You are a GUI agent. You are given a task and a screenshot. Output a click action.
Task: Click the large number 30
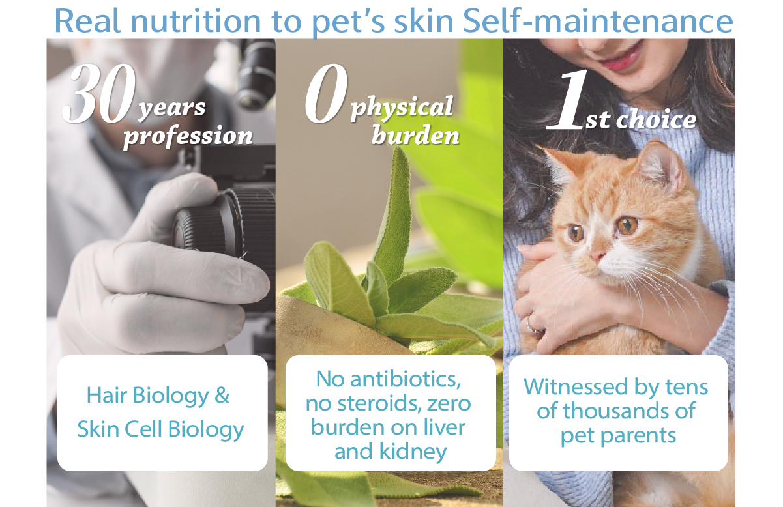[x=99, y=93]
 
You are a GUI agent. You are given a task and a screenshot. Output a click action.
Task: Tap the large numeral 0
[x=326, y=93]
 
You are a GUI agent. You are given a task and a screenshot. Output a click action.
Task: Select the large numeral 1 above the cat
[x=567, y=99]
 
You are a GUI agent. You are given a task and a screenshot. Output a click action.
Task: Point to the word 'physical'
[x=402, y=108]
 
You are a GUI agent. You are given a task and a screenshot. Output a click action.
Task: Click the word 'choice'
[x=656, y=119]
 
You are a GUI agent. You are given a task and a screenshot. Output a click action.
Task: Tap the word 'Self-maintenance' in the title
[x=598, y=21]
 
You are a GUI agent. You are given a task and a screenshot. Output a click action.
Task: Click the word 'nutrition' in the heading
[x=196, y=21]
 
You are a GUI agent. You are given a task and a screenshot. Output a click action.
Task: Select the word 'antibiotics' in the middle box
[x=406, y=379]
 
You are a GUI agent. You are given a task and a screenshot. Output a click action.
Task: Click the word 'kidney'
[x=413, y=452]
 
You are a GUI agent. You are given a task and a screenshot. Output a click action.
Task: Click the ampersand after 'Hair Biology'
[x=222, y=396]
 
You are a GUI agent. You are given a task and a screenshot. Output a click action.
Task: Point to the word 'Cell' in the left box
[x=143, y=429]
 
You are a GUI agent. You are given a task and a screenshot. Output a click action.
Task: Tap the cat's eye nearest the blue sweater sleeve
[x=627, y=225]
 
